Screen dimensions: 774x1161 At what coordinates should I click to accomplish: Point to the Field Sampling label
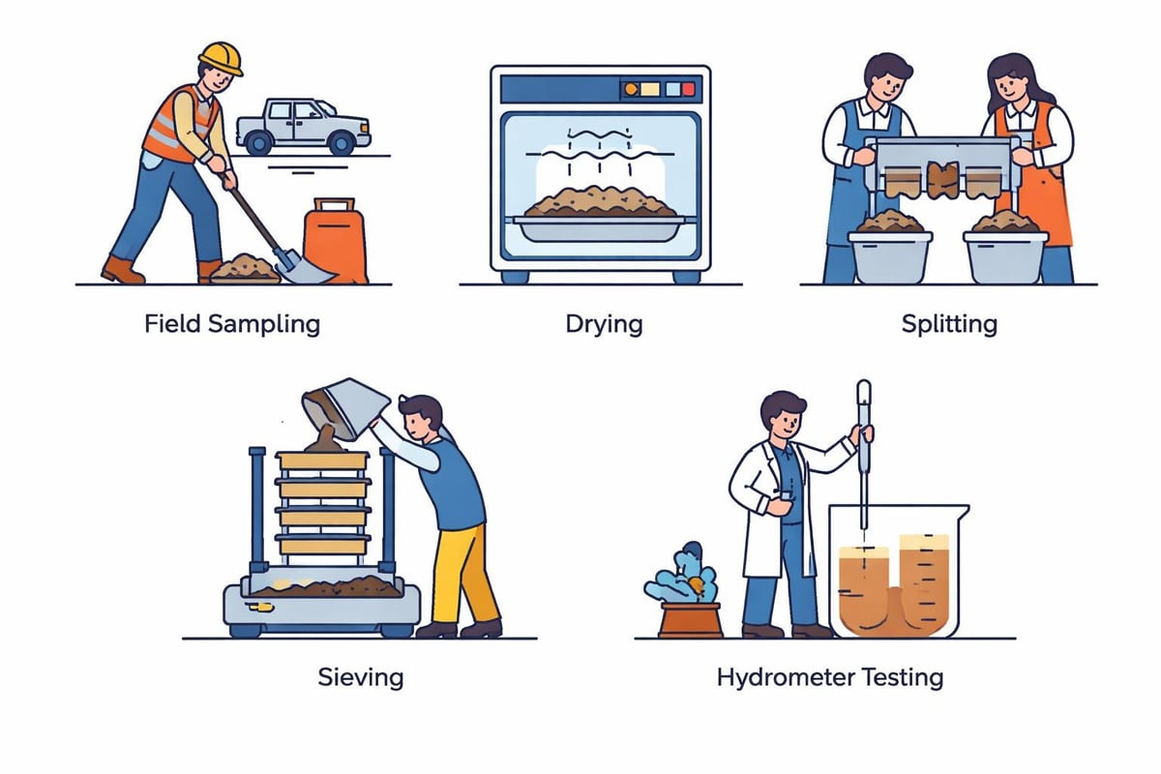pyautogui.click(x=232, y=323)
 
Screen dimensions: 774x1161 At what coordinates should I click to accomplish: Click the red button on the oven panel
pyautogui.click(x=688, y=89)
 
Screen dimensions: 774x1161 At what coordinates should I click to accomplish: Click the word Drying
pyautogui.click(x=604, y=323)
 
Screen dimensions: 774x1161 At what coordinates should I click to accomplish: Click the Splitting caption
pyautogui.click(x=948, y=323)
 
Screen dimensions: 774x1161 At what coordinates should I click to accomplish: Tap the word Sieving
pyautogui.click(x=360, y=676)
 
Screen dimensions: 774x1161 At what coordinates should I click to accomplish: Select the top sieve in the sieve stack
pyautogui.click(x=323, y=461)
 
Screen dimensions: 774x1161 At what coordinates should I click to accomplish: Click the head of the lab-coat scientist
pyautogui.click(x=785, y=413)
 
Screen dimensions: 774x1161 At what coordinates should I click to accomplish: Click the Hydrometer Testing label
pyautogui.click(x=829, y=676)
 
